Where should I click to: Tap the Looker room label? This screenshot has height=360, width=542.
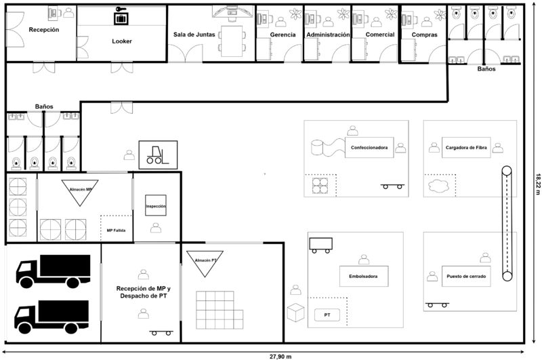click(x=121, y=41)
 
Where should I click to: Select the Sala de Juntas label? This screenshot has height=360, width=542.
click(x=194, y=35)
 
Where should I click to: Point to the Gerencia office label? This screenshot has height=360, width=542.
click(x=282, y=35)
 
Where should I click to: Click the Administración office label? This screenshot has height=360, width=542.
click(x=328, y=35)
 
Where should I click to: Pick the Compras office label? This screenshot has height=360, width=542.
click(x=424, y=35)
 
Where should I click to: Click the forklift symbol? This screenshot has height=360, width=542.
click(x=158, y=154)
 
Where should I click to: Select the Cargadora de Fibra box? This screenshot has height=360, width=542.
click(x=467, y=147)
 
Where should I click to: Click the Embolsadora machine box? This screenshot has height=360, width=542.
click(x=364, y=276)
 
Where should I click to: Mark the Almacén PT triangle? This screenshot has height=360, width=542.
click(x=205, y=262)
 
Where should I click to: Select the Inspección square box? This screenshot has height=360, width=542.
click(x=156, y=205)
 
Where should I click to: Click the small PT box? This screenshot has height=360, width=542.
click(x=327, y=315)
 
